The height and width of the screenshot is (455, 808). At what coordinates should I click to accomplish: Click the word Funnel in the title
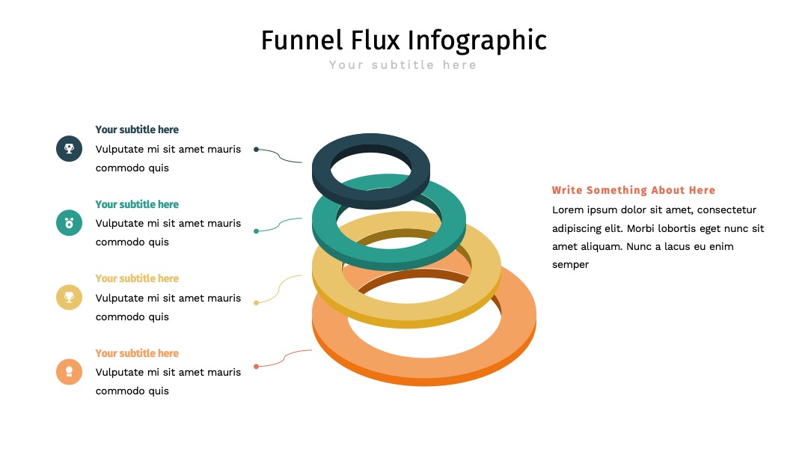pyautogui.click(x=302, y=40)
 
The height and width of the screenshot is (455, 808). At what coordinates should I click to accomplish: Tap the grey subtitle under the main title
pyautogui.click(x=403, y=65)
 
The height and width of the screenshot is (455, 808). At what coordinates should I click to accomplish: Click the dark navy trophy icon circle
pyautogui.click(x=69, y=148)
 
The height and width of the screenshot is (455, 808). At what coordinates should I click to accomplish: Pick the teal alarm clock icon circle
pyautogui.click(x=69, y=222)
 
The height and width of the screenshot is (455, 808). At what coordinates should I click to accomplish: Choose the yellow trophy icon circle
pyautogui.click(x=69, y=297)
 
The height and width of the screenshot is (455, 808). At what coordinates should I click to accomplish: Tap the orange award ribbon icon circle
pyautogui.click(x=69, y=371)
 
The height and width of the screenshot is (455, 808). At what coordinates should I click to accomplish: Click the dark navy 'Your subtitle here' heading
pyautogui.click(x=137, y=130)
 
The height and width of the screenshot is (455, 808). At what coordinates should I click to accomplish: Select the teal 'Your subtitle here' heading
pyautogui.click(x=137, y=204)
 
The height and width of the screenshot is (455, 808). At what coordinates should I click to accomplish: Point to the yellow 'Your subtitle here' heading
pyautogui.click(x=137, y=279)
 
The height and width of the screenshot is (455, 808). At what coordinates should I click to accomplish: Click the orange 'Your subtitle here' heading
pyautogui.click(x=137, y=353)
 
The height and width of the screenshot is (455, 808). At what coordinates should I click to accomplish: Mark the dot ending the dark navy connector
pyautogui.click(x=256, y=150)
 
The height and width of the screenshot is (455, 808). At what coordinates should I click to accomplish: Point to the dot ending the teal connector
pyautogui.click(x=256, y=231)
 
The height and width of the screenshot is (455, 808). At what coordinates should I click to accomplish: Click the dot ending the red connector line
pyautogui.click(x=256, y=367)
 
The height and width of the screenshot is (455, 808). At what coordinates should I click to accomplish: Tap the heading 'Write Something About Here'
pyautogui.click(x=634, y=190)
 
